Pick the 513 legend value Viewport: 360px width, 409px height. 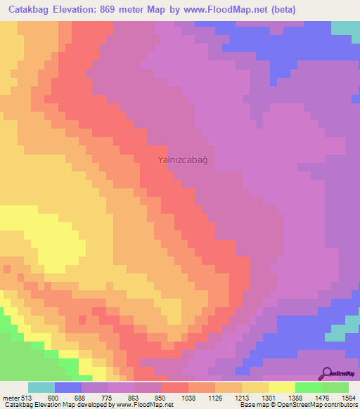pyautogui.click(x=27, y=397)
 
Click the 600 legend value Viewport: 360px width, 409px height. pyautogui.click(x=52, y=397)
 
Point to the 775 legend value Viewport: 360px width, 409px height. pyautogui.click(x=107, y=397)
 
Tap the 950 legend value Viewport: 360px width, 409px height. pyautogui.click(x=161, y=397)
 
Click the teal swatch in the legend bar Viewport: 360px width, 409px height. pyautogui.click(x=41, y=387)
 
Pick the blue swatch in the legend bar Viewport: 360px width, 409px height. pyautogui.click(x=68, y=387)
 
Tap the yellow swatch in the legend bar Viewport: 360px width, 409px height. pyautogui.click(x=281, y=387)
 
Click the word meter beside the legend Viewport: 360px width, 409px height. pyautogui.click(x=10, y=397)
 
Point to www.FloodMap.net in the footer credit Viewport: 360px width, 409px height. pyautogui.click(x=145, y=405)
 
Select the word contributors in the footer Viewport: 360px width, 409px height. pyautogui.click(x=340, y=405)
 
